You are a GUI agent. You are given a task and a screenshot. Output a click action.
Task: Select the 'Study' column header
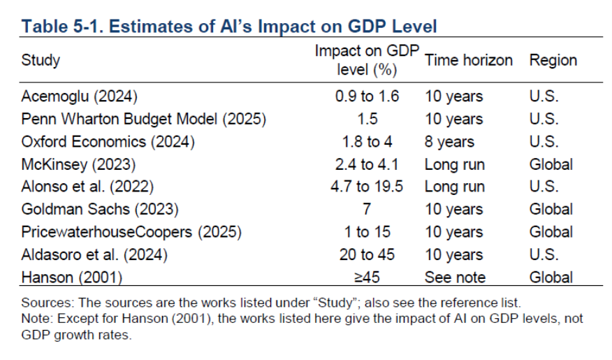[x=41, y=59]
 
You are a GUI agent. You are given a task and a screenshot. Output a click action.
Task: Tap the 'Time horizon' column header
[x=468, y=59]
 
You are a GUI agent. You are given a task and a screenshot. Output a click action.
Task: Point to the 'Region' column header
[x=553, y=59]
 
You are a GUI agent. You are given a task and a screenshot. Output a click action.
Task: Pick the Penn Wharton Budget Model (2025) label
[x=144, y=119]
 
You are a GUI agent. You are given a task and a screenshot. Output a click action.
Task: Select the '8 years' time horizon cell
[x=449, y=142]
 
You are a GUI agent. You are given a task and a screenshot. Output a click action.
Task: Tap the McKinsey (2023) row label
[x=78, y=164]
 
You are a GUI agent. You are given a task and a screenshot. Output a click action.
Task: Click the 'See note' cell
[x=454, y=277]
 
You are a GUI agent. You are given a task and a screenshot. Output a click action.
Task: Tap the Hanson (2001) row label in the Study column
[x=72, y=277]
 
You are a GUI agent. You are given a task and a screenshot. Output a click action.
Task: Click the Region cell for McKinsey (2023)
[x=551, y=164]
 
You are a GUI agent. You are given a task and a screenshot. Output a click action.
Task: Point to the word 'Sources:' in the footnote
[x=46, y=303]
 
